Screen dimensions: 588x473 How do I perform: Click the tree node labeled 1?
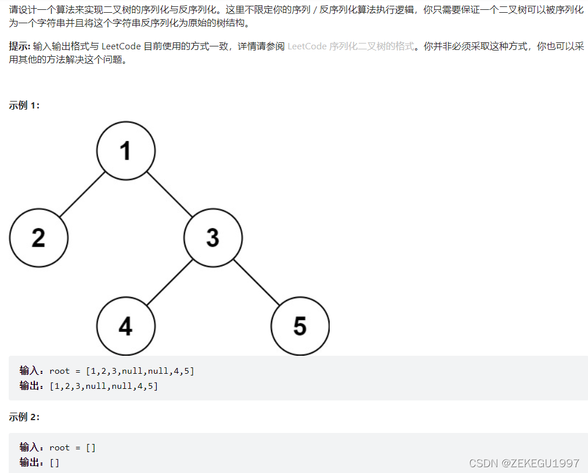(126, 150)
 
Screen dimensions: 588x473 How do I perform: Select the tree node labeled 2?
(39, 237)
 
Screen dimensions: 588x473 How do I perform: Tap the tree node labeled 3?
(213, 237)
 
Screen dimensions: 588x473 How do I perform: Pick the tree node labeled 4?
(126, 326)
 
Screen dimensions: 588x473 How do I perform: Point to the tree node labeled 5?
(300, 326)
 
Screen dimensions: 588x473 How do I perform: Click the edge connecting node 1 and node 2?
(82, 194)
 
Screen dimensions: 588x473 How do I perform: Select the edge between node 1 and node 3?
(169, 194)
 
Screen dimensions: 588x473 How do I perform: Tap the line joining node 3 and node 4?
(169, 281)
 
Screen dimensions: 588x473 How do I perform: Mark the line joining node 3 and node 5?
(257, 281)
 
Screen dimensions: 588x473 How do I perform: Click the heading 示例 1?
(24, 105)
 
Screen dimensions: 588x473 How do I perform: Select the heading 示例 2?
(24, 417)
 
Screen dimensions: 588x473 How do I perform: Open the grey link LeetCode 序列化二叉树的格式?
(351, 46)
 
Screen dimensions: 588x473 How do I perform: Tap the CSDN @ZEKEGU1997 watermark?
(524, 463)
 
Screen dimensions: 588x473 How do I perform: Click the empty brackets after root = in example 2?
(91, 447)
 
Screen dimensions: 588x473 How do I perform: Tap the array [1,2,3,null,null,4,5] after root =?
(140, 371)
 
